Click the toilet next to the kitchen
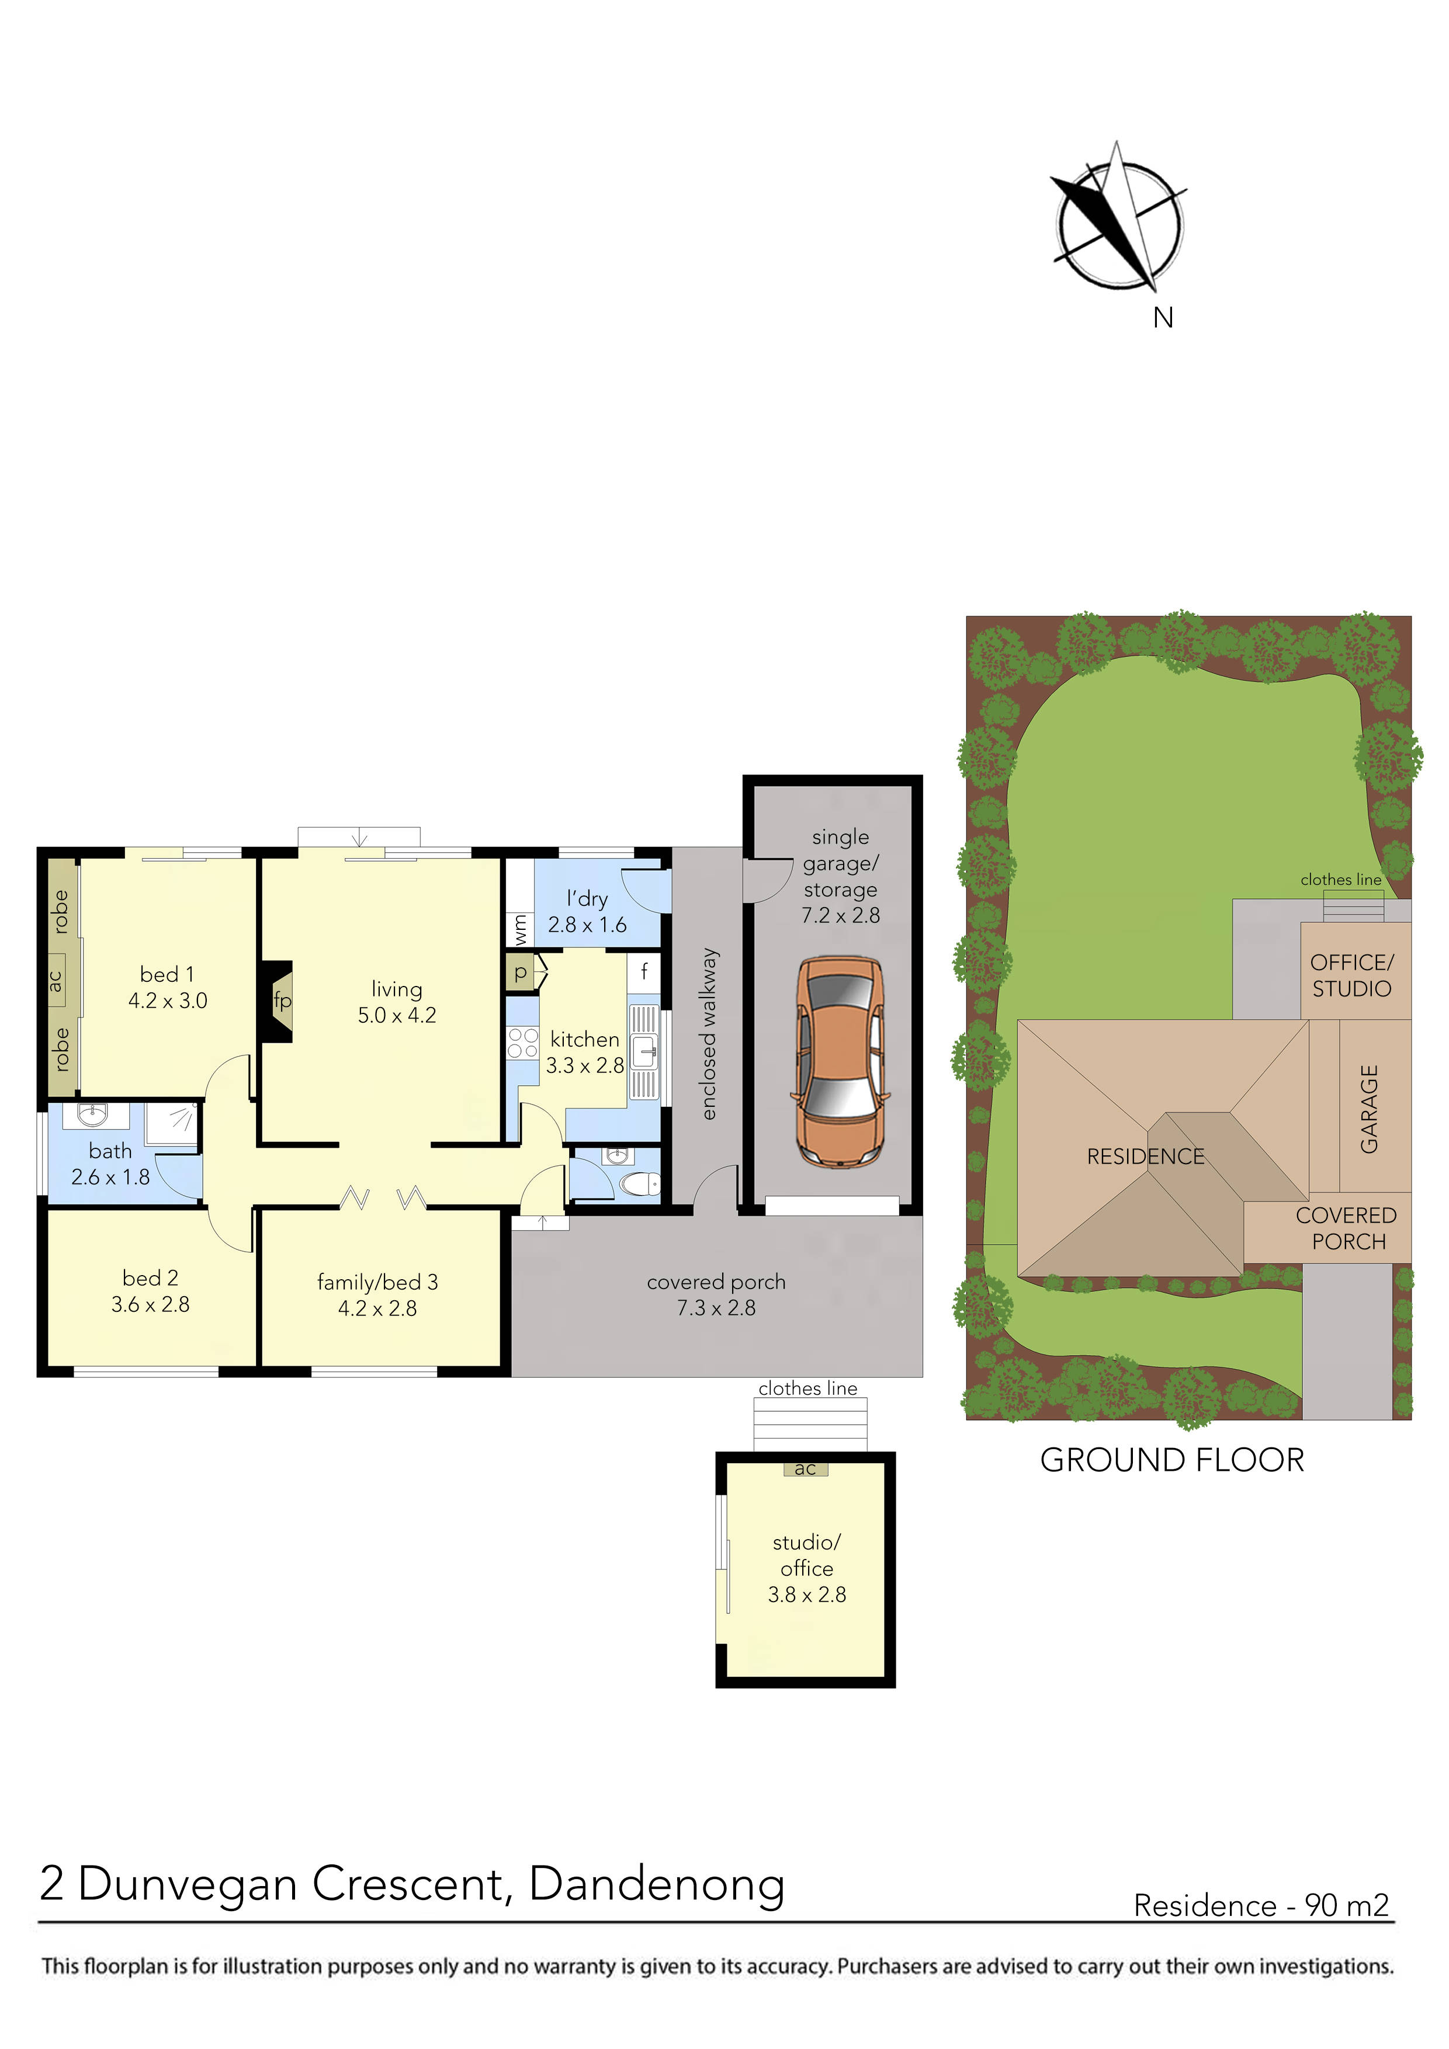[639, 1184]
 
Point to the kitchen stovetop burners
[523, 1043]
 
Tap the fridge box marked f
[644, 970]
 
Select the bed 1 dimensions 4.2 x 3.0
[168, 1001]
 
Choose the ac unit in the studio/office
[805, 1469]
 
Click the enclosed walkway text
[709, 1033]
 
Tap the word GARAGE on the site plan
[1368, 1109]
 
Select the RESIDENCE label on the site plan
[1145, 1157]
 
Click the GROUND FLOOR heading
[1171, 1461]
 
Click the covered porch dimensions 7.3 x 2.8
[716, 1308]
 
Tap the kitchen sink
[644, 1052]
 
